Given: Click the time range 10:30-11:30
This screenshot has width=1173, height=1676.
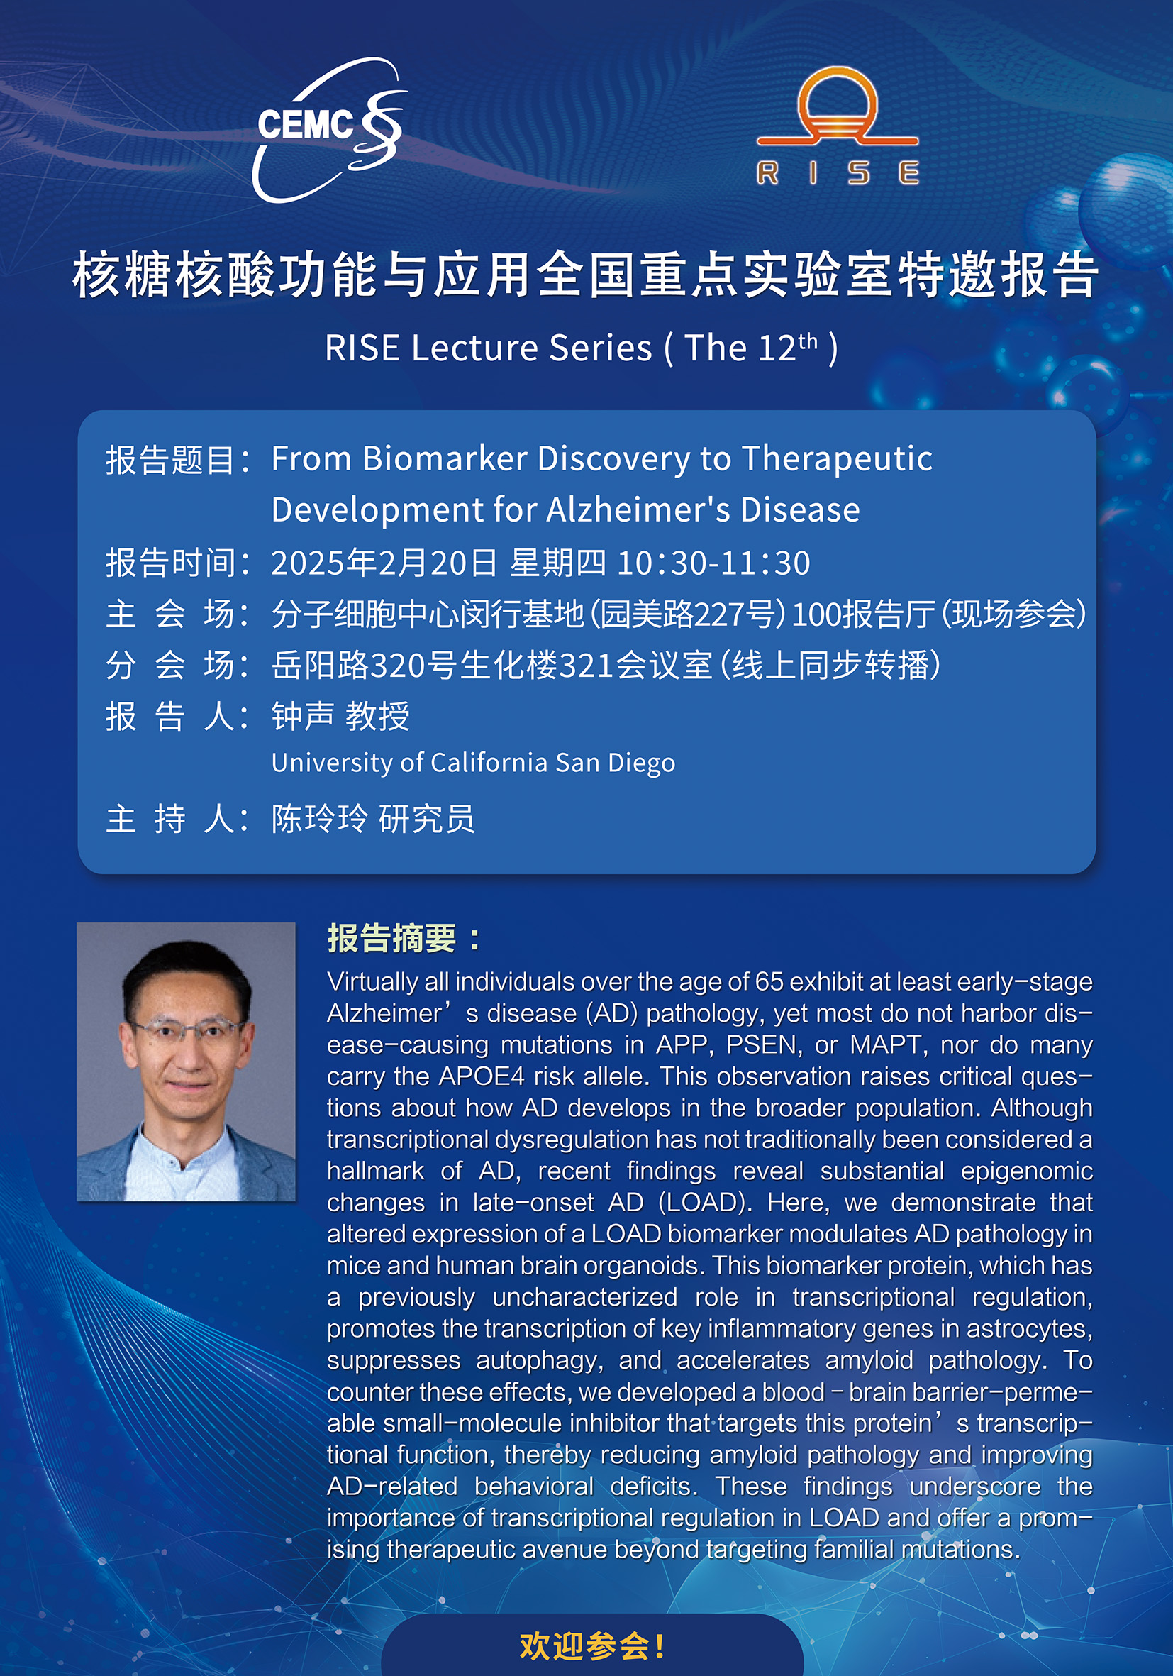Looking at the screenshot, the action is click(713, 563).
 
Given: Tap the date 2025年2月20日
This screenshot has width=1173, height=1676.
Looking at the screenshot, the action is click(384, 563).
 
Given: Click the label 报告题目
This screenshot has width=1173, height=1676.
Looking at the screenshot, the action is click(169, 461).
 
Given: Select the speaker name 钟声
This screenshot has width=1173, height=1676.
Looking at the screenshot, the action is click(303, 716).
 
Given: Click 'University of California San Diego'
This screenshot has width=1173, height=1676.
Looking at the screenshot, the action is click(474, 763).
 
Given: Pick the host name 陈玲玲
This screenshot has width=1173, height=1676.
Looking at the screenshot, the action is click(320, 818).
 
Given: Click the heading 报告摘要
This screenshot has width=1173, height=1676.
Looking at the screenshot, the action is click(392, 939).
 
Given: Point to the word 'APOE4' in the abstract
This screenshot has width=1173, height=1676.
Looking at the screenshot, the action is click(482, 1076).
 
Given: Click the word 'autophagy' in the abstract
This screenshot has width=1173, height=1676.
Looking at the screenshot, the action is click(540, 1361).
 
